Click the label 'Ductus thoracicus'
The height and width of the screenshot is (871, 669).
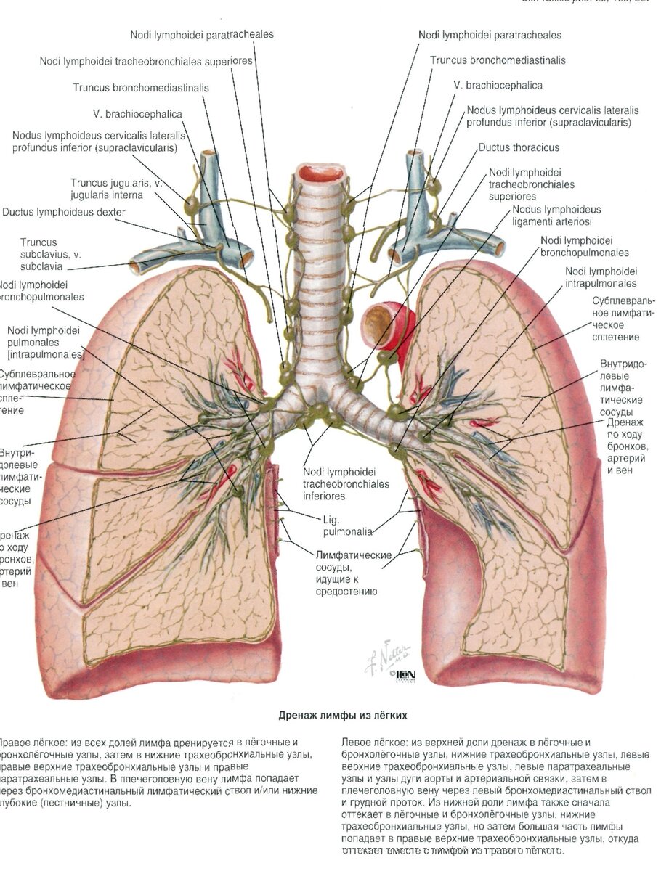pyautogui.click(x=519, y=147)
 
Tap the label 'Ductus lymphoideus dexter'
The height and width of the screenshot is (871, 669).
pyautogui.click(x=64, y=212)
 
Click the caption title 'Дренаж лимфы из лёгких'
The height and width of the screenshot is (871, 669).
pyautogui.click(x=343, y=715)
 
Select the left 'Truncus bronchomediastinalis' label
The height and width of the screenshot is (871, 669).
pyautogui.click(x=141, y=87)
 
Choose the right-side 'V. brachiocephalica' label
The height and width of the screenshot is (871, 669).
pyautogui.click(x=498, y=85)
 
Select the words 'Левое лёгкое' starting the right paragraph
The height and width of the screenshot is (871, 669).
pyautogui.click(x=373, y=743)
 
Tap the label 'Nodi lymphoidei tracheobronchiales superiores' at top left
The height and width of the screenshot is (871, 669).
pyautogui.click(x=146, y=61)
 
